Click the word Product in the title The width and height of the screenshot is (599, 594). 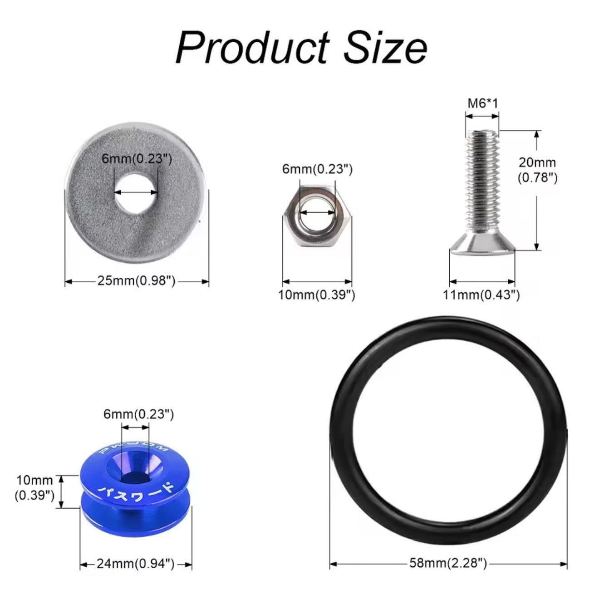coord(252,47)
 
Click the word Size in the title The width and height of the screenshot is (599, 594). coord(385,47)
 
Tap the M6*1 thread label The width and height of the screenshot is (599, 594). coord(482,103)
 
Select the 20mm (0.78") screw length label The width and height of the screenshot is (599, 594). coord(538,169)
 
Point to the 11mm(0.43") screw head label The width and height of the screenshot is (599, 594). coord(481,295)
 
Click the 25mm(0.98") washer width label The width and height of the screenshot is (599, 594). coord(136,281)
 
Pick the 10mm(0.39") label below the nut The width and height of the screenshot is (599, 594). coord(317,295)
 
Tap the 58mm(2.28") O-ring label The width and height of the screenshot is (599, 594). coord(448,564)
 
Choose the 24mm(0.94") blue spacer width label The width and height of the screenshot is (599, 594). coord(136,564)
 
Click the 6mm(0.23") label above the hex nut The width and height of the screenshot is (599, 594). coord(317,169)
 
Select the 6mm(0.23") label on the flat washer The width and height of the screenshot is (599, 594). coord(137,159)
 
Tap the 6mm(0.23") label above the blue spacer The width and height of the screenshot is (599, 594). coord(138,414)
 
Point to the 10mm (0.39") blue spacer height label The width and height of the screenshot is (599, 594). coord(34,487)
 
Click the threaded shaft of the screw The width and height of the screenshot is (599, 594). coord(482,182)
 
